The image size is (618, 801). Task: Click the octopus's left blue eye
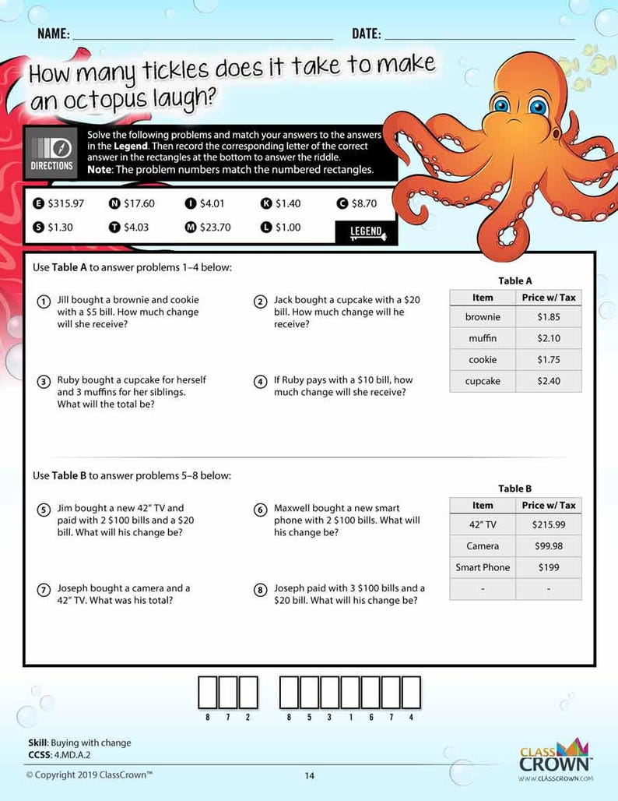pos(500,106)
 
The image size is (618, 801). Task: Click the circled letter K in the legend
pos(265,203)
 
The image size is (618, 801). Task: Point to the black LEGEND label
pos(366,231)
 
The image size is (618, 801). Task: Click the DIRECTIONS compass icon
pos(52,146)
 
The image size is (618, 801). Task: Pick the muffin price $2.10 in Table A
pos(548,339)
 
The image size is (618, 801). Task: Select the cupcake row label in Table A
pos(483,382)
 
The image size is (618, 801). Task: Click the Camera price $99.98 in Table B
pos(548,546)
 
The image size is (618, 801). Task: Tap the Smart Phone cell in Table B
pos(483,568)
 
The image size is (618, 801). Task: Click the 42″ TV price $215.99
pos(548,525)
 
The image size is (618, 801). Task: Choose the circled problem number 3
pos(44,382)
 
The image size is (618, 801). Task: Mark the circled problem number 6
pos(261,510)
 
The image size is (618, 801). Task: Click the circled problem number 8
pos(261,590)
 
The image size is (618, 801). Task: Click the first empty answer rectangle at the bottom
pos(208,692)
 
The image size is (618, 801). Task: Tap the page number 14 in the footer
pos(310,775)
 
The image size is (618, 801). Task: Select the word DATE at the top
pos(366,34)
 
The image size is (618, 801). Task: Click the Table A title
pos(514,281)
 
